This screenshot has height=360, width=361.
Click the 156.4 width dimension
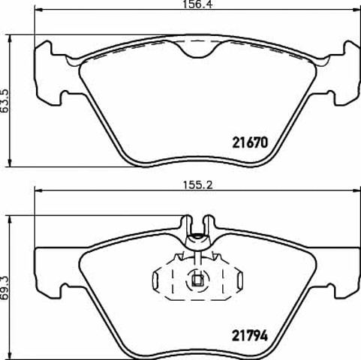click(197, 4)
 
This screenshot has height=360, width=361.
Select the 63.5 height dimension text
click(5, 101)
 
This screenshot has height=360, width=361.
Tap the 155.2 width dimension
click(197, 185)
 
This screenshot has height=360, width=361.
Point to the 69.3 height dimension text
click(5, 288)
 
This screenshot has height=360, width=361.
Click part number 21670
click(250, 142)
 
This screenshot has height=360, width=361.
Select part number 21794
click(250, 336)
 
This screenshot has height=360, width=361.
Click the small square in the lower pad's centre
click(197, 280)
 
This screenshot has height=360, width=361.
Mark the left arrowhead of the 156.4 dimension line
click(38, 10)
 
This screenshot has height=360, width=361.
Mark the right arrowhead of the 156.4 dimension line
click(357, 10)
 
